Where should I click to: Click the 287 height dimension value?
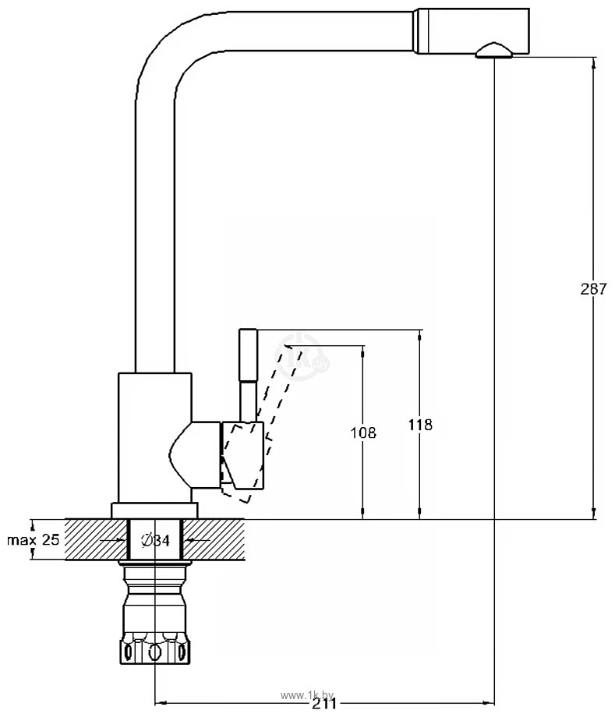[593, 289]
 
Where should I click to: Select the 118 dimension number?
[420, 425]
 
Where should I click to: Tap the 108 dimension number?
[363, 433]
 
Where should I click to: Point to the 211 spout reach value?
[323, 704]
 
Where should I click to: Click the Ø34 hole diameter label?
[155, 541]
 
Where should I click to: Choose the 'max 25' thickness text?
[33, 539]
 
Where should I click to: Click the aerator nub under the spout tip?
[494, 51]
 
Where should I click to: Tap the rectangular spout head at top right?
[472, 31]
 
